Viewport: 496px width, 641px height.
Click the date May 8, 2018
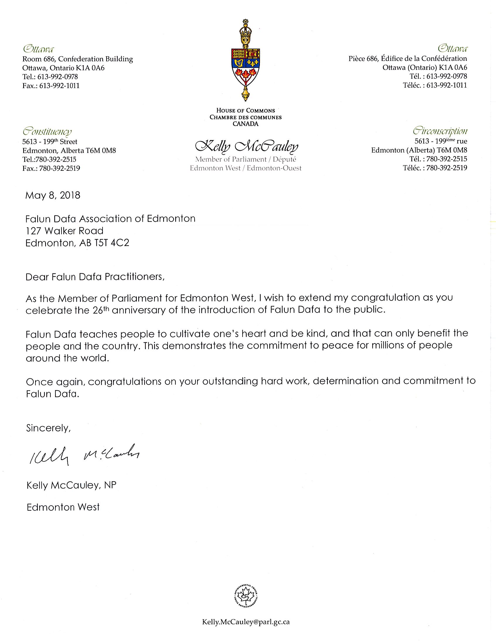[52, 196]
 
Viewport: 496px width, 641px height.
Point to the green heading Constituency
[47, 131]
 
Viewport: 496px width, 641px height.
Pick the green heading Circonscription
[440, 131]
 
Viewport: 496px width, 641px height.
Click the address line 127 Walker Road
[65, 231]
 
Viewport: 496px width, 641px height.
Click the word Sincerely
[48, 428]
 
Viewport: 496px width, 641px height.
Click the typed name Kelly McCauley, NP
[71, 486]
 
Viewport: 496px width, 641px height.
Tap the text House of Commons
[246, 111]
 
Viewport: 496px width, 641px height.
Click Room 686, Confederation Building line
[78, 59]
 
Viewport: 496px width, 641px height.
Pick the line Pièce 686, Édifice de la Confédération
[408, 59]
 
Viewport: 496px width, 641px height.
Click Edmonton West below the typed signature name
[63, 507]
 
